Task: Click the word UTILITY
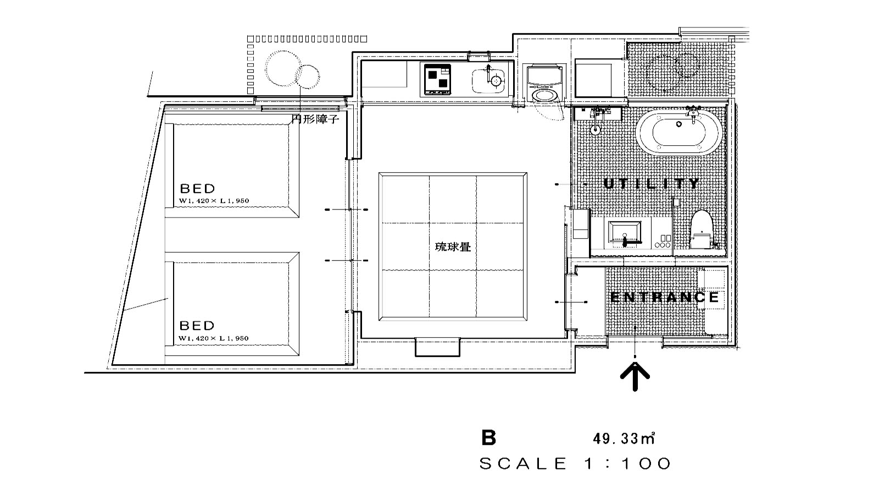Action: pos(652,184)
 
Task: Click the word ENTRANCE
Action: pos(665,298)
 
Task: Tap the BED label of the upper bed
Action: pos(198,189)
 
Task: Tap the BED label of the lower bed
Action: pos(198,326)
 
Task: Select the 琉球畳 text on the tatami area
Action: pos(453,247)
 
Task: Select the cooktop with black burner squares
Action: pos(437,80)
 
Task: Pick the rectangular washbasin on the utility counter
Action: pos(625,232)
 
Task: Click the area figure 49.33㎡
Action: pos(624,438)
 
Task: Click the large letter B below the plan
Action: pos(488,438)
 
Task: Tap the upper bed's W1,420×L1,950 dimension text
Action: pos(214,201)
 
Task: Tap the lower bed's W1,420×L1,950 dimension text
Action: pos(214,339)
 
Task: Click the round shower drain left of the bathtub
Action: pos(596,130)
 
